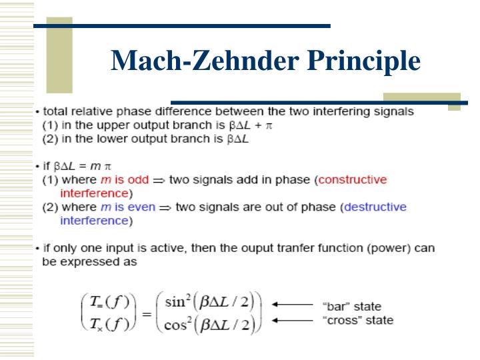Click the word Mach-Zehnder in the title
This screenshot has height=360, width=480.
tap(205, 60)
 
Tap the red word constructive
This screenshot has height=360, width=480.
tap(353, 180)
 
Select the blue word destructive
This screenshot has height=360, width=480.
tap(375, 207)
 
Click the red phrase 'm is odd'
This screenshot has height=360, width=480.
tap(125, 180)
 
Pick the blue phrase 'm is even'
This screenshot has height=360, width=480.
tap(128, 207)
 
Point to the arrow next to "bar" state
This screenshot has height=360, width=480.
tap(293, 304)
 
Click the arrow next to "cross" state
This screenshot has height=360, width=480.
tap(293, 321)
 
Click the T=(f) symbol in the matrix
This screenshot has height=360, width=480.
tap(109, 302)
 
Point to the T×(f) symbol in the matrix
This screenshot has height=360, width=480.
tap(109, 324)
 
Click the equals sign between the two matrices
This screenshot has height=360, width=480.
tap(147, 314)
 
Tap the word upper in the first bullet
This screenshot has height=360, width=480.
tap(114, 126)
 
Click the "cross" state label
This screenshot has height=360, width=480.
tap(358, 321)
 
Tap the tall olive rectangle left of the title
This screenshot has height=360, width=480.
tap(59, 55)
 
